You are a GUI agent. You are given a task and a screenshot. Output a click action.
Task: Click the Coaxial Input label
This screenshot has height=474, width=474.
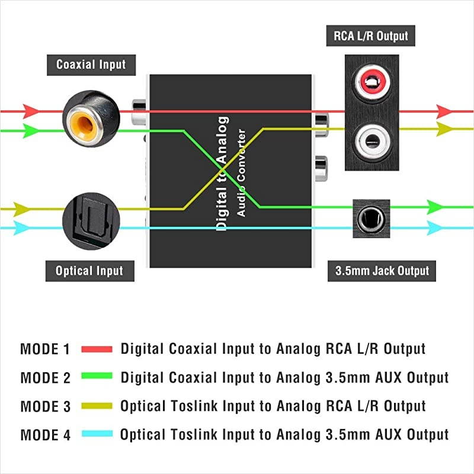[91, 64]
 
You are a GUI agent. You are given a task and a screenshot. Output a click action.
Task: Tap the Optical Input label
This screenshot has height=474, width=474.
[89, 271]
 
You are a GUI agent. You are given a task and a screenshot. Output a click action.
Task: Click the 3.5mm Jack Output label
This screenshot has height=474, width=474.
[382, 271]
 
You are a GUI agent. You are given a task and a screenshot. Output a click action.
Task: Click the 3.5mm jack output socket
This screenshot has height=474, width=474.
[371, 218]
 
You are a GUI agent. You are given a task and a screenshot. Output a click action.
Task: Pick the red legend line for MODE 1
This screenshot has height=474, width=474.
[97, 349]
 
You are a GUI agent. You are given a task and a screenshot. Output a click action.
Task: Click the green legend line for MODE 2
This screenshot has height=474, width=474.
[97, 377]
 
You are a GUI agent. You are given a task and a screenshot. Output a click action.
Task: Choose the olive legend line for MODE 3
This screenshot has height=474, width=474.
[97, 406]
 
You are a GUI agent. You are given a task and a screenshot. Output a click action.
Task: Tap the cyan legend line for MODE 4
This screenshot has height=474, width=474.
[97, 434]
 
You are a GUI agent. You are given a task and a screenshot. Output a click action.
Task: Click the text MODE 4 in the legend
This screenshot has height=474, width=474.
[45, 435]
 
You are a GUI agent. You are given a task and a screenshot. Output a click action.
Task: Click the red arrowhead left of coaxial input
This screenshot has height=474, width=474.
[29, 111]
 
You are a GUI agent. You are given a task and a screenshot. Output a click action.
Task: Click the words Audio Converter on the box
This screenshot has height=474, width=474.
[241, 172]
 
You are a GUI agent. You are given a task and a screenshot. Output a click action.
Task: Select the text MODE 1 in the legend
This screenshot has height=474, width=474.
[45, 349]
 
